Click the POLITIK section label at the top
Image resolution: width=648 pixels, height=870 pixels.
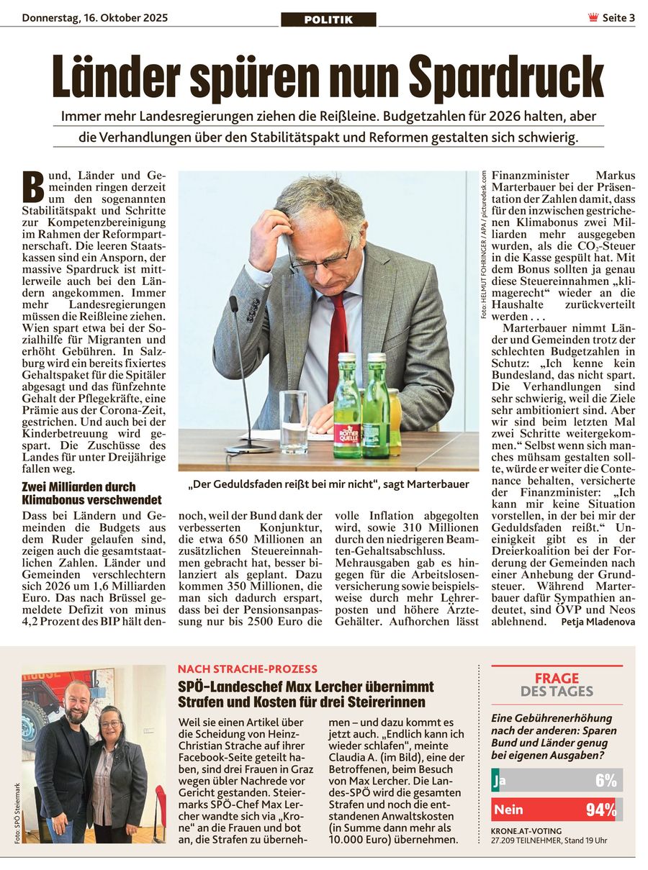(328, 19)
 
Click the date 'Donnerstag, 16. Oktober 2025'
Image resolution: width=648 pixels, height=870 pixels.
(94, 17)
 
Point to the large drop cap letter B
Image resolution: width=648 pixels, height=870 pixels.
(33, 186)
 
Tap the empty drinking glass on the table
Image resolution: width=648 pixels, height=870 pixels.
(293, 421)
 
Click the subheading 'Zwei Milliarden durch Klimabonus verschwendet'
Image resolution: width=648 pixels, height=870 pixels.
(91, 493)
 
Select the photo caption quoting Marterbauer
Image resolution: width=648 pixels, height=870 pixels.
(328, 484)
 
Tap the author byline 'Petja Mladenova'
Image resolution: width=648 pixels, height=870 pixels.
(598, 621)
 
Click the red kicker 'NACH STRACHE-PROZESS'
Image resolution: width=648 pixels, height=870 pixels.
(247, 669)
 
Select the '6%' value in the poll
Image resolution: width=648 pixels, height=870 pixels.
(606, 781)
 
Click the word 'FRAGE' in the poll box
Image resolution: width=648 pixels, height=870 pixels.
(557, 678)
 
